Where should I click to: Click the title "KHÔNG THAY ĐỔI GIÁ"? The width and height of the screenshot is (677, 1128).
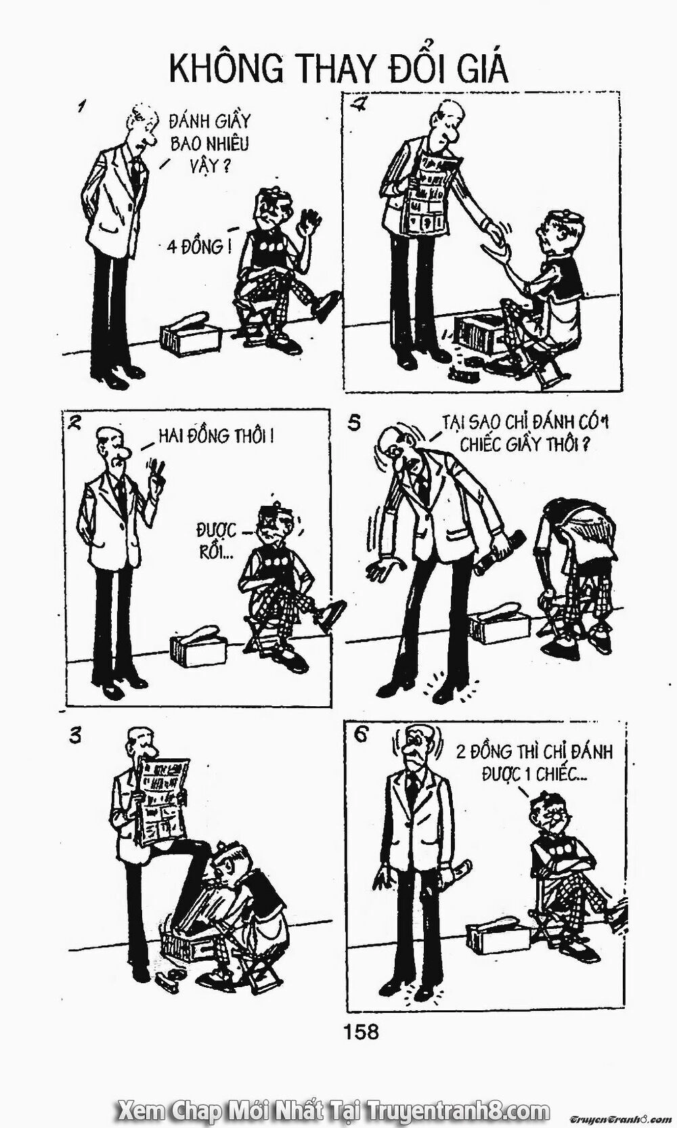[x=338, y=69]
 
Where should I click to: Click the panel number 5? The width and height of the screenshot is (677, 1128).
[x=353, y=423]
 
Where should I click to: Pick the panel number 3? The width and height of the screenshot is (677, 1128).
[x=74, y=736]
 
